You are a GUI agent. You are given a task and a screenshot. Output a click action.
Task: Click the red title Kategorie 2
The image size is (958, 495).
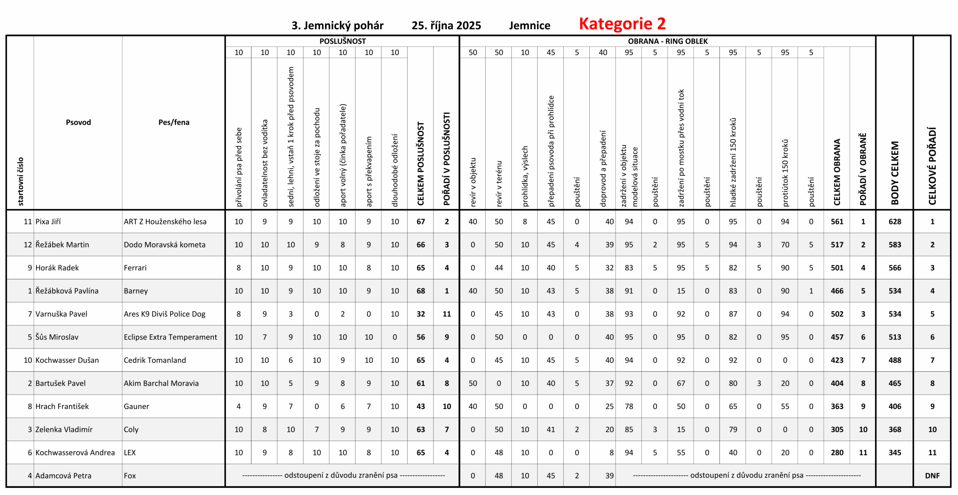pos(622,24)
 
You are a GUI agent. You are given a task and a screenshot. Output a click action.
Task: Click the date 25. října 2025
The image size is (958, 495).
pos(446,25)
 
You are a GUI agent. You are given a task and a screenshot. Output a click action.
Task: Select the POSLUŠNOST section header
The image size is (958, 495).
pos(342,41)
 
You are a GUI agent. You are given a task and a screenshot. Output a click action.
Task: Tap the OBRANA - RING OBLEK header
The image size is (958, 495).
pos(668,41)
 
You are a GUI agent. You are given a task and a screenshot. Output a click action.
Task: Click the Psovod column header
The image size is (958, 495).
pos(78,122)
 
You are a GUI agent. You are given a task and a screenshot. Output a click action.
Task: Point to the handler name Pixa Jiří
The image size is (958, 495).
pos(48,222)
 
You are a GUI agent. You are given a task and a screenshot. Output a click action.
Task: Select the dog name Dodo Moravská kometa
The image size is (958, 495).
pos(165,245)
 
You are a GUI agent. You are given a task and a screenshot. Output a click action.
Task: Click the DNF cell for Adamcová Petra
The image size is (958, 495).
pos(932,476)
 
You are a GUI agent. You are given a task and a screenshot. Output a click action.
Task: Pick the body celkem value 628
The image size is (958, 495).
pos(894,222)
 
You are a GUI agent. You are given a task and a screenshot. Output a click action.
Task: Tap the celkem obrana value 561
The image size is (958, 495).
pos(837,222)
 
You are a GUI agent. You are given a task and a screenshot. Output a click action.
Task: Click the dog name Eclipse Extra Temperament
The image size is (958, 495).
pos(170,337)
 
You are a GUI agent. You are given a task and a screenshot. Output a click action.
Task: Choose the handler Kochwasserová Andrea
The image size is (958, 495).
pos(75,453)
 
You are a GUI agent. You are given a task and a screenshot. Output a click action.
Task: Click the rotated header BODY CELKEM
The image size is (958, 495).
pos(894,173)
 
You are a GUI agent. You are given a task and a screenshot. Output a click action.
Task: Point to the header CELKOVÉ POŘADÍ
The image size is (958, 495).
pos(932,166)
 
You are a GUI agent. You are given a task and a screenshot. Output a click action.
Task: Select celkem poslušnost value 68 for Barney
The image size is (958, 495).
pos(421,291)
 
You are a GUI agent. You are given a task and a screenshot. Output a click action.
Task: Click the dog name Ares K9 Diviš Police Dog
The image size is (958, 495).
pos(165,314)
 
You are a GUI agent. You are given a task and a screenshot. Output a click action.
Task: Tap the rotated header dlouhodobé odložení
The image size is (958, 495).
pos(394,170)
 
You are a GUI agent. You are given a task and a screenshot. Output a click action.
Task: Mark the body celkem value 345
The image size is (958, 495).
pos(894,453)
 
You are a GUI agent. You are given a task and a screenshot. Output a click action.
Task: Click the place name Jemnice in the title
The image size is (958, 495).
pos(530,25)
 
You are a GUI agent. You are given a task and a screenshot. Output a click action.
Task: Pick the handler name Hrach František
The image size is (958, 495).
pos(62,406)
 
